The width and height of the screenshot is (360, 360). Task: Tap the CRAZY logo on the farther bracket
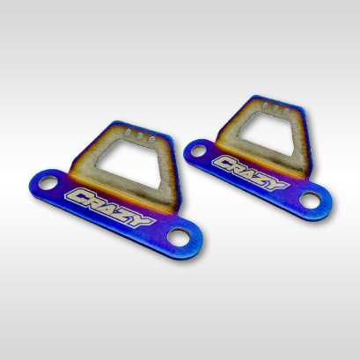[250, 173]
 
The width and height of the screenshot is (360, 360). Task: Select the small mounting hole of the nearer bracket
[48, 183]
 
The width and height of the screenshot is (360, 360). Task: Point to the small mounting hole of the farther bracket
[198, 151]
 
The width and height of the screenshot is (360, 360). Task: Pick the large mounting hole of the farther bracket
[311, 200]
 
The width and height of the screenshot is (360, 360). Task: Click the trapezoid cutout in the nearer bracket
[131, 159]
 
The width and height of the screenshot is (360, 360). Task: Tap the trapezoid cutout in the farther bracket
[266, 132]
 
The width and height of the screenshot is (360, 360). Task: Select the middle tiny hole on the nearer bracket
[141, 136]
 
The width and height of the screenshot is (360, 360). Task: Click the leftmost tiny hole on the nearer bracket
[129, 133]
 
